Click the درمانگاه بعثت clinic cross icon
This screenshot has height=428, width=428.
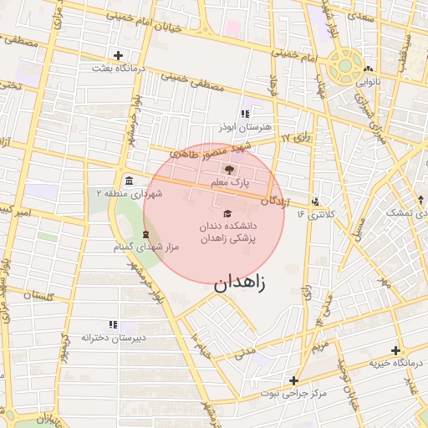(x=119, y=55)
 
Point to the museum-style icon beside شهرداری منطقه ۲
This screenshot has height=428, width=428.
(x=128, y=181)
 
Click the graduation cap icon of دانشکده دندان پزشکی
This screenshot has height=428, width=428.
(x=225, y=213)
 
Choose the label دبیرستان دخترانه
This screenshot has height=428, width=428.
(x=113, y=337)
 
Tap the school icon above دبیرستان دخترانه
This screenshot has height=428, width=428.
(x=113, y=324)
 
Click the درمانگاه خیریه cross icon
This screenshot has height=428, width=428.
(x=395, y=350)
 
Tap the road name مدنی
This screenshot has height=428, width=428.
(x=244, y=354)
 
